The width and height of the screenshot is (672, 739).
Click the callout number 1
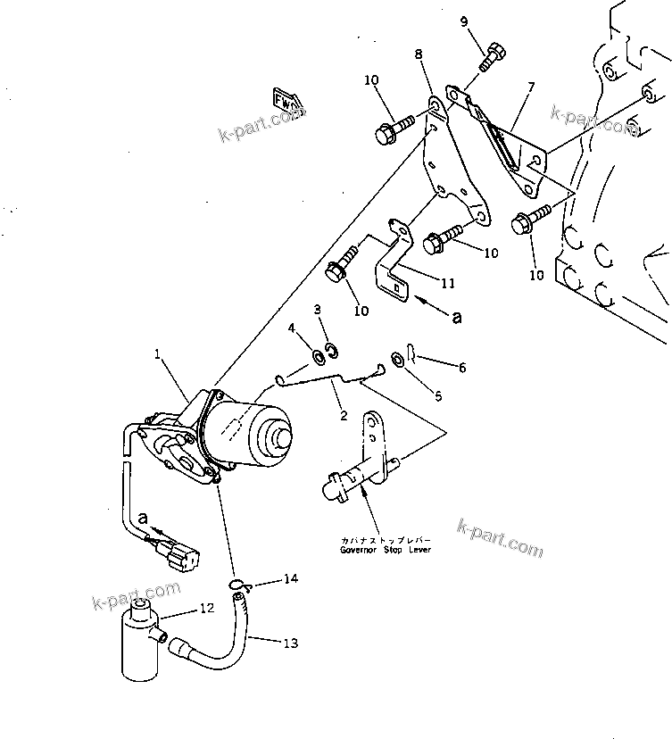pos(157,354)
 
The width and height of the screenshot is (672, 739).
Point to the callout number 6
pos(461,367)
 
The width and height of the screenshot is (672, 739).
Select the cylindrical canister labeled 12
pos(140,642)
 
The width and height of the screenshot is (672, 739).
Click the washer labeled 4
pos(318,358)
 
